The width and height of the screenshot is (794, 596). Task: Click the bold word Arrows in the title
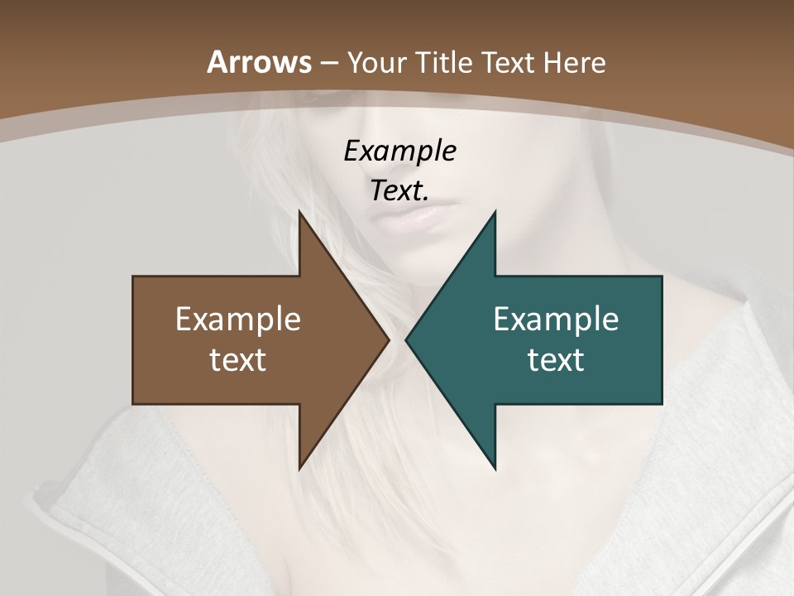point(259,62)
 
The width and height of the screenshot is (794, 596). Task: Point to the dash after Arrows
point(328,63)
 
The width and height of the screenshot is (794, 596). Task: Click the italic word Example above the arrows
point(399,151)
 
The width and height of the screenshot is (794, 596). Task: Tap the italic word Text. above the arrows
point(399,190)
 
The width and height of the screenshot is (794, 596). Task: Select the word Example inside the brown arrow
point(238,319)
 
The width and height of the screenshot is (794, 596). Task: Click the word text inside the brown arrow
point(238,359)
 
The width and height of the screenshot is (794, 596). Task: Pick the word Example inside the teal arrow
point(556,319)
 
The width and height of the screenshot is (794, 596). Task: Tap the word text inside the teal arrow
point(556,359)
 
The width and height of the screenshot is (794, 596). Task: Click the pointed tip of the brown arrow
point(388,339)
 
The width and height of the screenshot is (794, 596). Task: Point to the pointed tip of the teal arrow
point(407,339)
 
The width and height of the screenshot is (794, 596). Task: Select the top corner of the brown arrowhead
point(299,211)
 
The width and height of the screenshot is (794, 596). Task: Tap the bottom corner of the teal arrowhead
point(495,469)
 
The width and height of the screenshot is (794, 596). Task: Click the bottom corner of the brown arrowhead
point(299,469)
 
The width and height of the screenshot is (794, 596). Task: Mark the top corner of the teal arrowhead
point(495,211)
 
